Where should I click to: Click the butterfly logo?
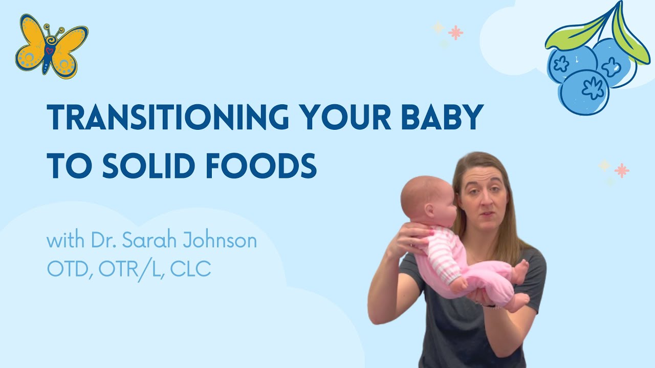click(52, 47)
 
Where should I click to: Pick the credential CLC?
click(190, 268)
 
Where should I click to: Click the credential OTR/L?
click(130, 270)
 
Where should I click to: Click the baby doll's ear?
click(429, 210)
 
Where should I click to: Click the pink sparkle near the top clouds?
click(455, 32)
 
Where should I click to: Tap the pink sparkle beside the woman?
click(622, 170)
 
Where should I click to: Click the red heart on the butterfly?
click(50, 51)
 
